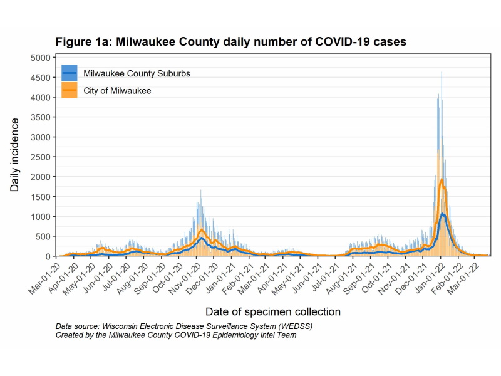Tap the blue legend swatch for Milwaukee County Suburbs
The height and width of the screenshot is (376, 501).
point(70,73)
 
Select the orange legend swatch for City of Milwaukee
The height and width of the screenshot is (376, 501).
point(70,91)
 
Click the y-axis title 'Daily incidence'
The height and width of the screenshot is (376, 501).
point(14,157)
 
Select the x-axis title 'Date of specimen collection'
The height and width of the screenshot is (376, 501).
point(272,311)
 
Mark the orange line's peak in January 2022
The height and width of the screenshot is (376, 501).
point(442,180)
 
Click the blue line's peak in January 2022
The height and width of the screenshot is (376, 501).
point(443,214)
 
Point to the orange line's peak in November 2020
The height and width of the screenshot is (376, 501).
point(202,230)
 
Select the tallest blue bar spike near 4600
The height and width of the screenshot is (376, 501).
point(442,73)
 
